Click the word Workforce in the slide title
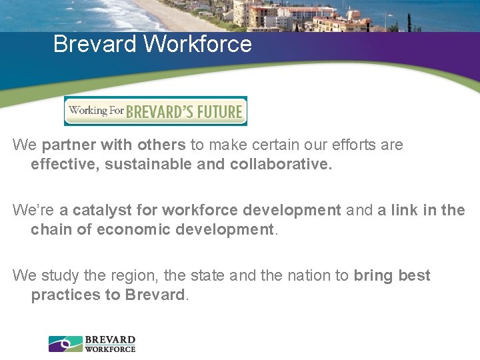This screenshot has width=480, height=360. (x=198, y=44)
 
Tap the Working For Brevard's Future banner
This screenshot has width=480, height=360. (x=155, y=111)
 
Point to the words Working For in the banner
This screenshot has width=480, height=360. (x=95, y=110)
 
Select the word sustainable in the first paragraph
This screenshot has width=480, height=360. (x=148, y=164)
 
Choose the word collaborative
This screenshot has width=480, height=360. (x=281, y=164)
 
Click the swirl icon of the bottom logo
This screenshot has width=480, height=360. (x=65, y=343)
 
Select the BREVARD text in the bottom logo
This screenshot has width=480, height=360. (x=110, y=339)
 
